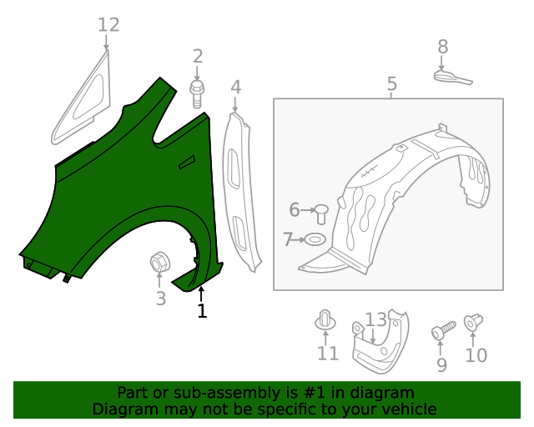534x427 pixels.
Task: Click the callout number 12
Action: point(108,25)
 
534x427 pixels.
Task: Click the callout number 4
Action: point(236,87)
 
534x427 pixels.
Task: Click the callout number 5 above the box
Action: point(391,84)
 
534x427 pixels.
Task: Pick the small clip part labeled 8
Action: point(451,78)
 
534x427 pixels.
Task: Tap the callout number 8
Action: point(442,47)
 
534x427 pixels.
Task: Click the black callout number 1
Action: point(201,311)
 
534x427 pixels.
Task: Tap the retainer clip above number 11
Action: point(326,321)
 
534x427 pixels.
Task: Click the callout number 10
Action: point(476,355)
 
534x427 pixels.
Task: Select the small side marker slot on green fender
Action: point(187,162)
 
